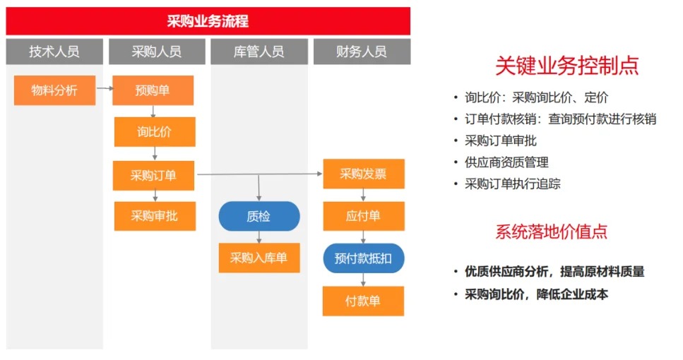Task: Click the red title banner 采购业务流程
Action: coord(208,21)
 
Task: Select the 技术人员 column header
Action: coord(54,52)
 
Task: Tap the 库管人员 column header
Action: coord(259,52)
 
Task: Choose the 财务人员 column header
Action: coord(362,52)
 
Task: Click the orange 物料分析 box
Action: coord(54,90)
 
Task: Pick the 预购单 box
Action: coord(153,90)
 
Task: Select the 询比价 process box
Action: coord(155,131)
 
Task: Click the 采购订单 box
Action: coord(153,176)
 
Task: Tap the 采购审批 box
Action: coord(155,216)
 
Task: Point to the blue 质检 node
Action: coord(259,216)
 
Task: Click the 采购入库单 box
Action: coord(259,258)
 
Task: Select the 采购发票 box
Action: coord(364,174)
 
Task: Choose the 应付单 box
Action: coord(364,216)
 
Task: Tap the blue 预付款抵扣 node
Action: coord(364,258)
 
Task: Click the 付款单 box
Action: coord(363,301)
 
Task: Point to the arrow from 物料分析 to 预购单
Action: coord(105,88)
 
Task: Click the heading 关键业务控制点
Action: coord(566,66)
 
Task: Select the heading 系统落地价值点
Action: coord(551,231)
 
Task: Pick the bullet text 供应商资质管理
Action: coord(506,162)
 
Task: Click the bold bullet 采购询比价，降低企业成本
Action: coord(536,294)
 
